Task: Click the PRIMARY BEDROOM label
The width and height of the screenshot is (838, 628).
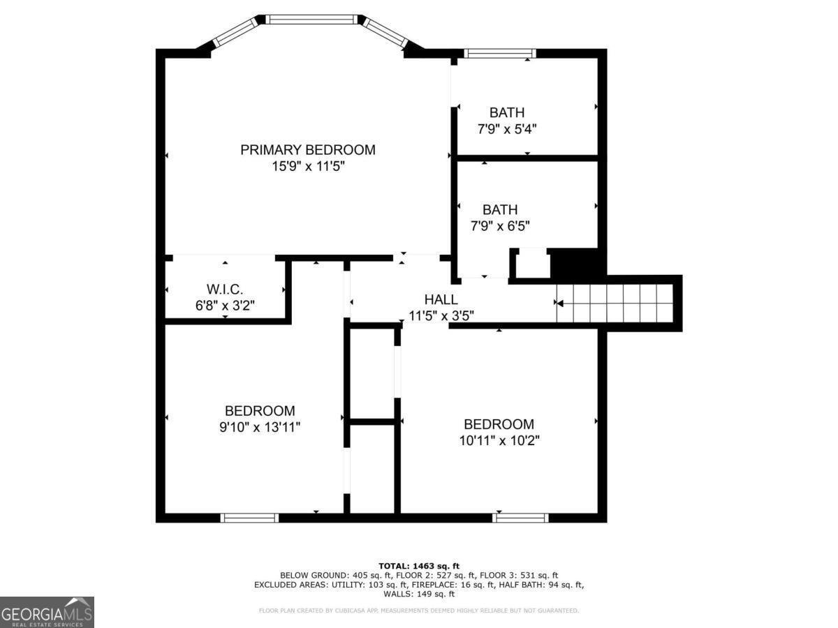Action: [x=308, y=150]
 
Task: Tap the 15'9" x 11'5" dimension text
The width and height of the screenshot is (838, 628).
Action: [x=308, y=167]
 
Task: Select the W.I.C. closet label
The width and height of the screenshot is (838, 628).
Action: [x=225, y=290]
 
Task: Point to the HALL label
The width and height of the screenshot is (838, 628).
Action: [x=441, y=300]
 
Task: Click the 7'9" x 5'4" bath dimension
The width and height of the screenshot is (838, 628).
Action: [x=507, y=129]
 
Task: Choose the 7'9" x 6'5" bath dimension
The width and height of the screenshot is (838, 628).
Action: [x=500, y=226]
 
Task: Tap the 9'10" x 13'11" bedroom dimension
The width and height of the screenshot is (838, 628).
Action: [x=260, y=427]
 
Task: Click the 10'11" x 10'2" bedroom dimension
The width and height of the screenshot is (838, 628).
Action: [x=499, y=441]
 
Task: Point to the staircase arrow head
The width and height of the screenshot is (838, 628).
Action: [x=559, y=304]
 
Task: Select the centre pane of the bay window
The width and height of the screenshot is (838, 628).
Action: [x=311, y=20]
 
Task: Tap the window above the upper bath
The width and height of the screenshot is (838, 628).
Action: [x=500, y=54]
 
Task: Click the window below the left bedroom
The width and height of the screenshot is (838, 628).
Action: [x=250, y=518]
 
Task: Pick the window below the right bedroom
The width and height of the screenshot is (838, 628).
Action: [x=520, y=518]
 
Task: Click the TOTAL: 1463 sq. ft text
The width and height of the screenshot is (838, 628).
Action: [x=419, y=566]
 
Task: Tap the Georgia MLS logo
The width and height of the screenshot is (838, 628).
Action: [x=47, y=612]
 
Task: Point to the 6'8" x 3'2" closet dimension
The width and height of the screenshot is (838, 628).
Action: [x=225, y=306]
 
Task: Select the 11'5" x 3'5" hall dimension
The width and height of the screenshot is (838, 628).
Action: [x=441, y=315]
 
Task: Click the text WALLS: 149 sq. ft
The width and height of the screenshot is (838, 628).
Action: [x=419, y=594]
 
